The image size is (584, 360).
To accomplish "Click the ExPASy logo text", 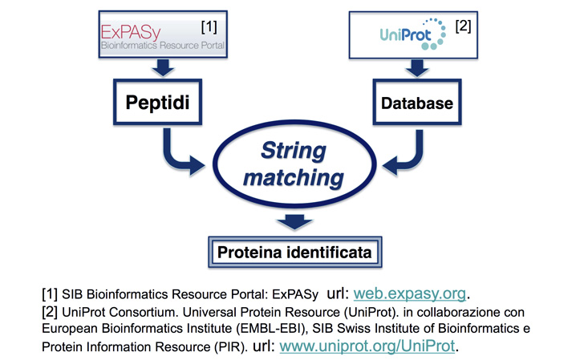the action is [131, 32].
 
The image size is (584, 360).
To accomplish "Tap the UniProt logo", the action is [412, 34].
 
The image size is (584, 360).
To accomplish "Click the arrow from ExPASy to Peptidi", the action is [163, 67].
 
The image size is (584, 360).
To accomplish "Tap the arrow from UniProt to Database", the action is [417, 68].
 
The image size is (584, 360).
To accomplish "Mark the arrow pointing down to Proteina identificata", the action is [294, 222].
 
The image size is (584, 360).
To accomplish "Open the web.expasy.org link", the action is [410, 293].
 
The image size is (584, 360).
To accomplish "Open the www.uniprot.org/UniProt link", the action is [367, 346].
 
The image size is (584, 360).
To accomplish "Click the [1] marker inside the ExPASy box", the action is [209, 26].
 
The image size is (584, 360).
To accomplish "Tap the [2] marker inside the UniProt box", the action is [463, 26].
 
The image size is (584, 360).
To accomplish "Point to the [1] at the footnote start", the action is [50, 293].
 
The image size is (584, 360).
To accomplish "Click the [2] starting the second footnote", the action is [50, 312].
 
